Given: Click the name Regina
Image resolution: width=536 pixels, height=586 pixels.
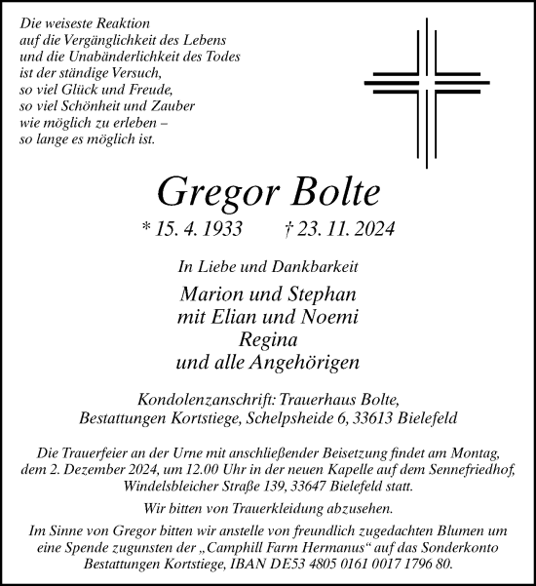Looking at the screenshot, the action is [268, 339].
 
